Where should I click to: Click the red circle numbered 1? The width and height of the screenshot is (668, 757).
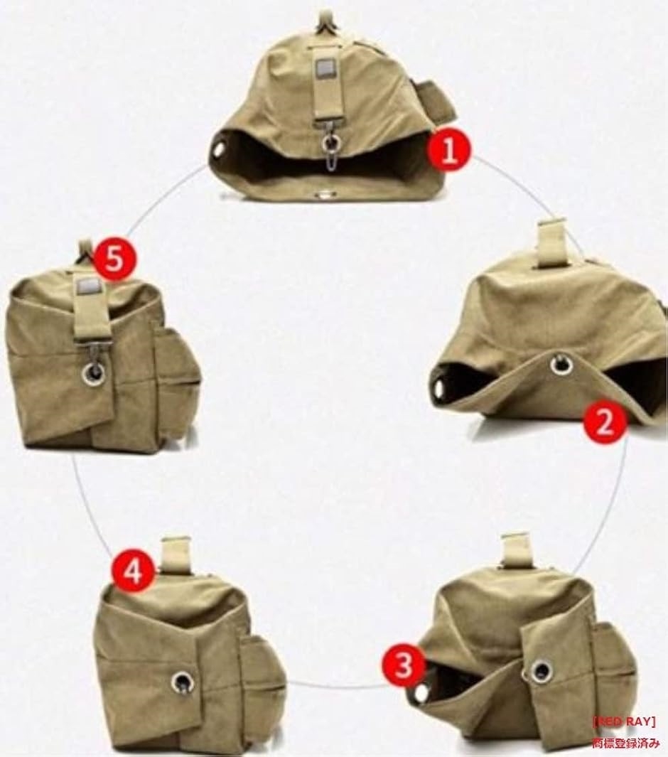pos(449,151)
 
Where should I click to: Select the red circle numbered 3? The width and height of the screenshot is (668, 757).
pos(403,665)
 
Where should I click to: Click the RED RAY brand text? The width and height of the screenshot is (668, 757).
pos(624,721)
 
